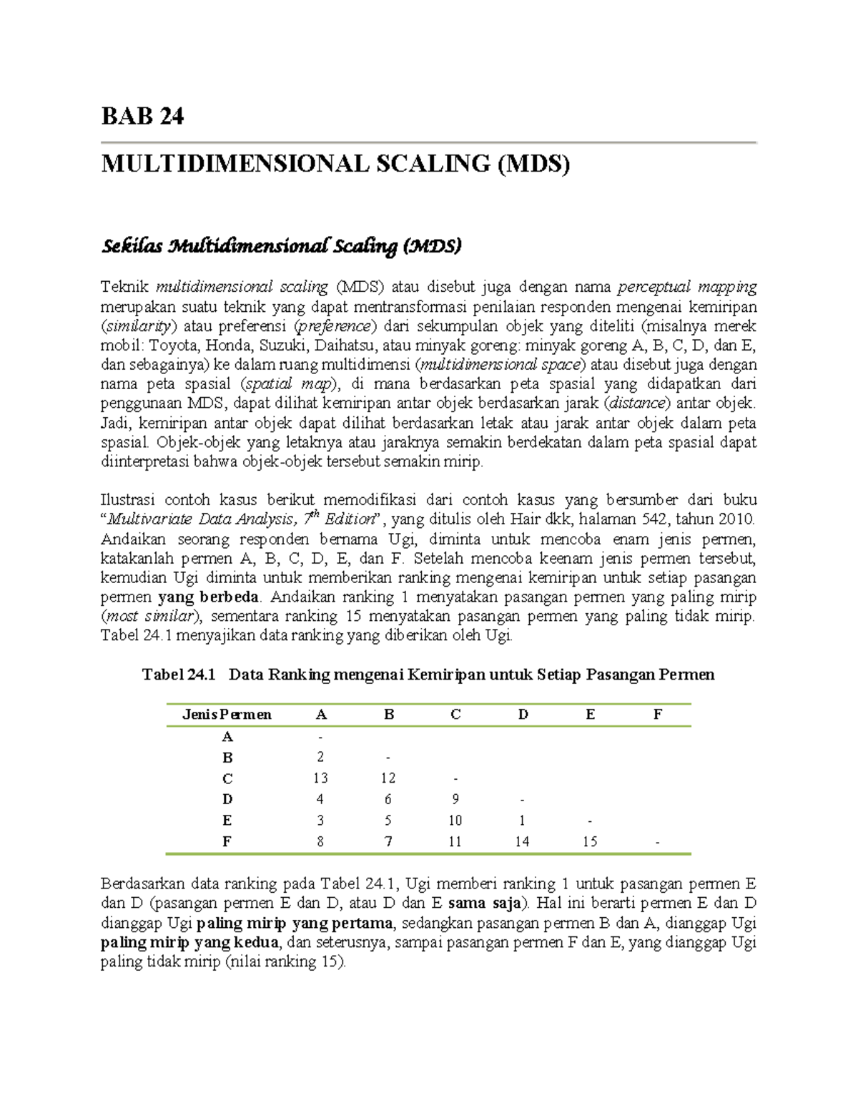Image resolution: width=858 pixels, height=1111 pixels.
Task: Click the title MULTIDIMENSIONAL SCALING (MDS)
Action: click(335, 164)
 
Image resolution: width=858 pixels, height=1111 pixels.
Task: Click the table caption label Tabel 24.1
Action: click(179, 675)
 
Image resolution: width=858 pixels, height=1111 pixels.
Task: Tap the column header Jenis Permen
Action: click(227, 715)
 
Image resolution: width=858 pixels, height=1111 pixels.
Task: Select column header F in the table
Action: click(658, 715)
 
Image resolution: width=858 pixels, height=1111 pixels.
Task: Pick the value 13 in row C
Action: click(320, 778)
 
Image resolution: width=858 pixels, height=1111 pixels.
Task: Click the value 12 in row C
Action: click(388, 778)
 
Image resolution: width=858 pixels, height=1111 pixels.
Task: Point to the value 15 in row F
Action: click(590, 842)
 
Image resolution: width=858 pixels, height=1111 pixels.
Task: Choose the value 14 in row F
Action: click(523, 842)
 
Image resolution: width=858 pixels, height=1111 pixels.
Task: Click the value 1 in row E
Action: click(523, 821)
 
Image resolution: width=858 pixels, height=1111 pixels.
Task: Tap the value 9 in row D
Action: click(455, 799)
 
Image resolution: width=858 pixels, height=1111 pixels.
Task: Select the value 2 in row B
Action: click(320, 757)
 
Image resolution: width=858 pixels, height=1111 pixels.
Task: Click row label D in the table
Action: click(227, 799)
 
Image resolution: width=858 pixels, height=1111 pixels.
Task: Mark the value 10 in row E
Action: click(455, 821)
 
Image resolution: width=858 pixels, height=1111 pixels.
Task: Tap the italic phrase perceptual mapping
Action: click(686, 288)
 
